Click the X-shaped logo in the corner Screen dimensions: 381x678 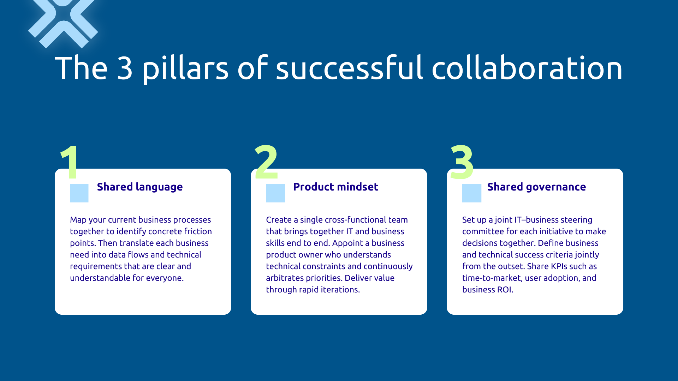(x=63, y=22)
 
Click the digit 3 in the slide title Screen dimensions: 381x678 (x=125, y=68)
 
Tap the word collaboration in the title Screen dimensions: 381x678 (x=527, y=68)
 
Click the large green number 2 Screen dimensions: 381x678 (x=266, y=162)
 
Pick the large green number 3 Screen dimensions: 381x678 (x=462, y=162)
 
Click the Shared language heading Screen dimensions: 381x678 (x=140, y=187)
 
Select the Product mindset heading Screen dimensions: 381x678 (x=335, y=187)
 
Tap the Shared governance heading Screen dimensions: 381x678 (x=536, y=187)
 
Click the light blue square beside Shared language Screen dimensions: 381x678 (x=79, y=193)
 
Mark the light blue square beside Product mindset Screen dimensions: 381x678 (x=275, y=193)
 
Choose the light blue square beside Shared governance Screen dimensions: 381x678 (x=472, y=193)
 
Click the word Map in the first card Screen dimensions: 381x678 (x=78, y=220)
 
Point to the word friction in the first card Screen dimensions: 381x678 (x=198, y=231)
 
